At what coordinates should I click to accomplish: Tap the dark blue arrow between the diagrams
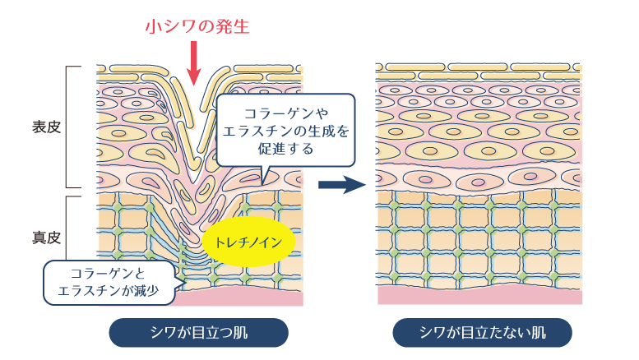coord(341,184)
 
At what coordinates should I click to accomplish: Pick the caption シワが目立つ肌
coord(199,333)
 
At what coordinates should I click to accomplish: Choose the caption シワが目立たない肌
coord(482,333)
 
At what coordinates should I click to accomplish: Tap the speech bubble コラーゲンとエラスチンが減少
coord(109,282)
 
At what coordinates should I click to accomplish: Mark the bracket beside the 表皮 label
coord(71,127)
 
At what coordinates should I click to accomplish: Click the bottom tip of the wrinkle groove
coord(195,180)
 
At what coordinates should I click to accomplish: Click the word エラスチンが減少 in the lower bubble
coord(109,290)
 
